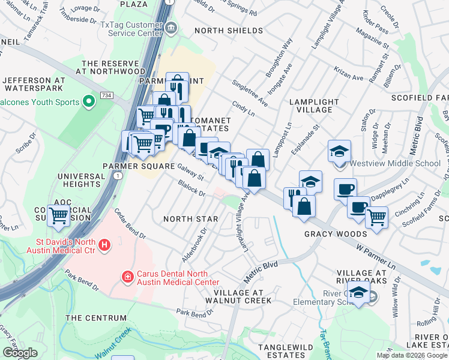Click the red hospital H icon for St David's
pyautogui.click(x=104, y=245)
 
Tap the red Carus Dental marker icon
pyautogui.click(x=127, y=277)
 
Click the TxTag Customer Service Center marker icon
pyautogui.click(x=171, y=27)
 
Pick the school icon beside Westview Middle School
pyautogui.click(x=339, y=151)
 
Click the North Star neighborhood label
pyautogui.click(x=190, y=219)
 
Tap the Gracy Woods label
pyautogui.click(x=335, y=233)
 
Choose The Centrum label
pyautogui.click(x=96, y=318)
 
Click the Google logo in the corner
pyautogui.click(x=20, y=353)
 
